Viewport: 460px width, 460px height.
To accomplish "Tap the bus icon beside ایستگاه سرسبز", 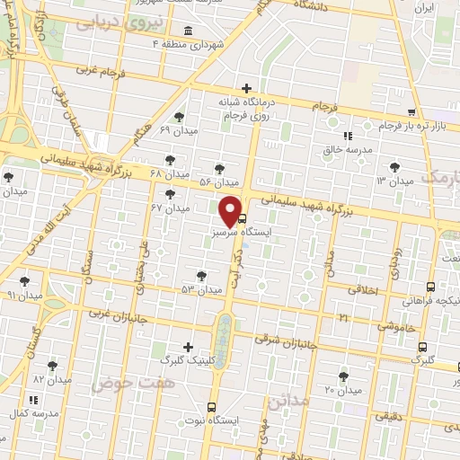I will pos(240,218).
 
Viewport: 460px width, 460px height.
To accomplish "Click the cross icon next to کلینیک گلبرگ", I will pos(187,347).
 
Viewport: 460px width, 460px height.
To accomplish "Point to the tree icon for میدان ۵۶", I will pos(220,168).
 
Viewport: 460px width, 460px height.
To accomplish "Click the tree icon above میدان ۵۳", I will pos(200,276).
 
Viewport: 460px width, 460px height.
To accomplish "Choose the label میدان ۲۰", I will pos(342,390).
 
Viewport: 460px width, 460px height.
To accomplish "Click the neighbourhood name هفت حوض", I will pos(111,383).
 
